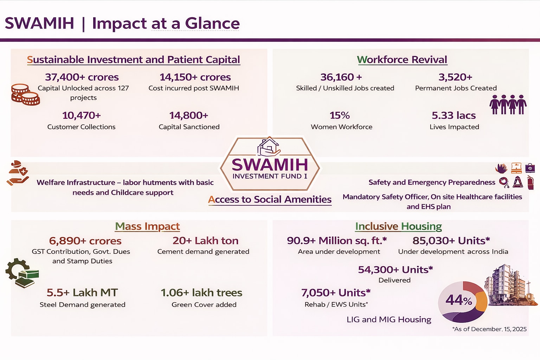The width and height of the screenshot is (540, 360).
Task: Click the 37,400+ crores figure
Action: pyautogui.click(x=82, y=77)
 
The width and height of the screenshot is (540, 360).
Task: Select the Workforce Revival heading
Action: pyautogui.click(x=402, y=59)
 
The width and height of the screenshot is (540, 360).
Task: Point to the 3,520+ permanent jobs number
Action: pyautogui.click(x=455, y=77)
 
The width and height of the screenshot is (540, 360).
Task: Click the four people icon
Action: pyautogui.click(x=508, y=104)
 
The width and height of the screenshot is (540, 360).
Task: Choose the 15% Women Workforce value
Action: pyautogui.click(x=340, y=116)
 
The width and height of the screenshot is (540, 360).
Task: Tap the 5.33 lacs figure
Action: pyautogui.click(x=454, y=116)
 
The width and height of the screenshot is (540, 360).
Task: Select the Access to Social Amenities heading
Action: pyautogui.click(x=270, y=200)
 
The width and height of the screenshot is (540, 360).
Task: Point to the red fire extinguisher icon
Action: pyautogui.click(x=531, y=182)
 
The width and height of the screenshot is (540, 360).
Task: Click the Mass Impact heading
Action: pyautogui.click(x=147, y=226)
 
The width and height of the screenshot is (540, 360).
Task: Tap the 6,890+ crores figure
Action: pyautogui.click(x=85, y=241)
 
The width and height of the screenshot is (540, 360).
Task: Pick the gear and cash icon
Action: pyautogui.click(x=22, y=273)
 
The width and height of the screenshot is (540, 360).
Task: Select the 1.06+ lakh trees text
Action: pyautogui.click(x=201, y=293)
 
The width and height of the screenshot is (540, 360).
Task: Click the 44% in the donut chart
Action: pyautogui.click(x=459, y=301)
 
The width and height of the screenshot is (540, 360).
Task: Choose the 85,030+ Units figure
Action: pyautogui.click(x=451, y=240)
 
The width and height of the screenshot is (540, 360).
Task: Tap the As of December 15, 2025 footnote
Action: pyautogui.click(x=489, y=329)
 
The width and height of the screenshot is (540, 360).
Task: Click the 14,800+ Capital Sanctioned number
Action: pyautogui.click(x=188, y=116)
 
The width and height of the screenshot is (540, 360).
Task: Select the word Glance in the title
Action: pyautogui.click(x=212, y=24)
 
